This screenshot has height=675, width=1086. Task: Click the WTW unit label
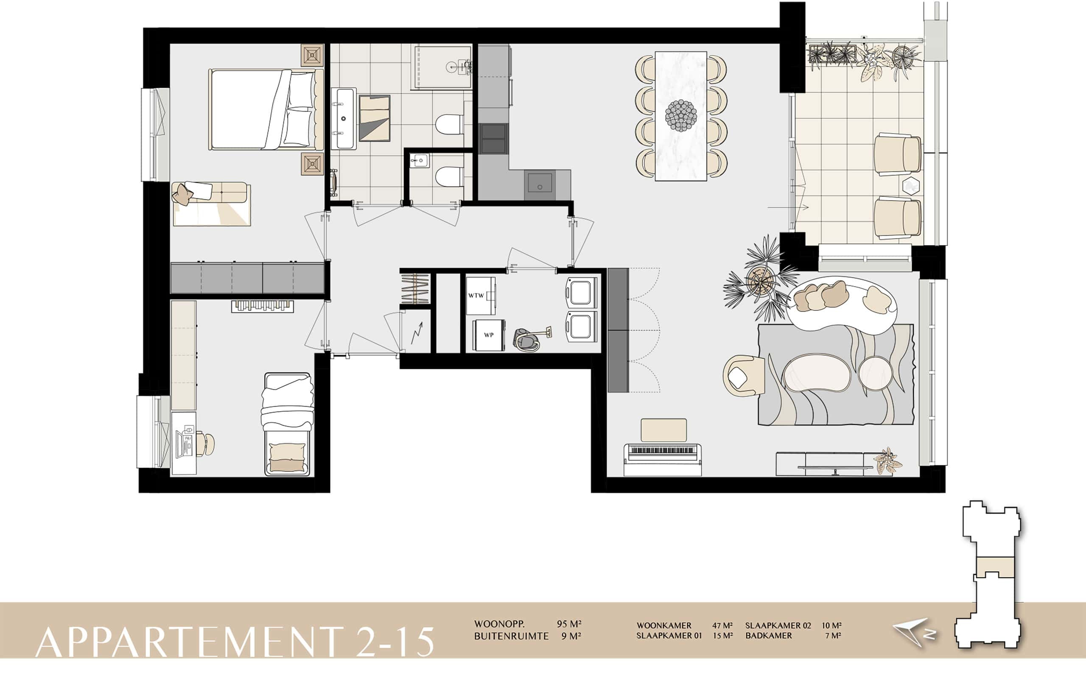pos(476,296)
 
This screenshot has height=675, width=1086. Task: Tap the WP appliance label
pos(489,335)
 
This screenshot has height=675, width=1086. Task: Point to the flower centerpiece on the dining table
pos(681,116)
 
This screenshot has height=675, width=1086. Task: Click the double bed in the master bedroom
pos(266,109)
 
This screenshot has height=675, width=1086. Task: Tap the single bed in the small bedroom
pos(287,424)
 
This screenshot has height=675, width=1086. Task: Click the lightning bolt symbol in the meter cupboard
pos(417,333)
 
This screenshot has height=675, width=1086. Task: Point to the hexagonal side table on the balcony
pos(911,185)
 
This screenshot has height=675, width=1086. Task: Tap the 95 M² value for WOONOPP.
pos(569,624)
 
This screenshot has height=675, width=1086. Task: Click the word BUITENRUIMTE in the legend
pos(511,636)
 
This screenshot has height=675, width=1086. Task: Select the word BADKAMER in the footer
pos(769,635)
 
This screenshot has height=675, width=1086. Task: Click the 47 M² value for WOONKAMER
pos(722,625)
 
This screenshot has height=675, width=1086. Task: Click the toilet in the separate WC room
pos(449,177)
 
